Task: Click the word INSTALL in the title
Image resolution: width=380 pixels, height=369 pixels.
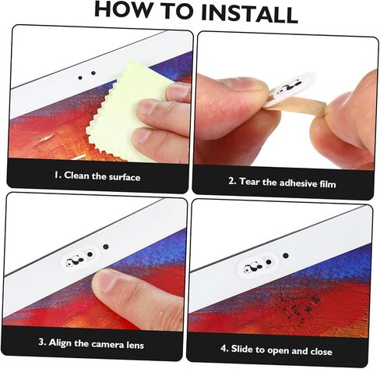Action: tap(249, 14)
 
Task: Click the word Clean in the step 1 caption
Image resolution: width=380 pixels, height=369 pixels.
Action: tap(76, 176)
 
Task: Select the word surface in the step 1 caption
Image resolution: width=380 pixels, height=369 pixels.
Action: tap(125, 177)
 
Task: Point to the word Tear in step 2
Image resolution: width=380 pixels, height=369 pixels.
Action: tap(249, 181)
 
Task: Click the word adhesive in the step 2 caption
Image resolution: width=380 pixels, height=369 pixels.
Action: tap(298, 183)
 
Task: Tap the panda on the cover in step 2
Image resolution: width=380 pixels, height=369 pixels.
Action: tap(290, 87)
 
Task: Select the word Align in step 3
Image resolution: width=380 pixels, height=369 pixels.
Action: tap(60, 342)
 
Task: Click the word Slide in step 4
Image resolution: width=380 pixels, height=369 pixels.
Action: tap(242, 349)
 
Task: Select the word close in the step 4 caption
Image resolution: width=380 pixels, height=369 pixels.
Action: tap(322, 352)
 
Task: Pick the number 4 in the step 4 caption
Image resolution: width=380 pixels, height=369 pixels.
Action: tap(224, 348)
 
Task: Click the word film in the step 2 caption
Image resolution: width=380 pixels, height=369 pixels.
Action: tap(328, 184)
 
